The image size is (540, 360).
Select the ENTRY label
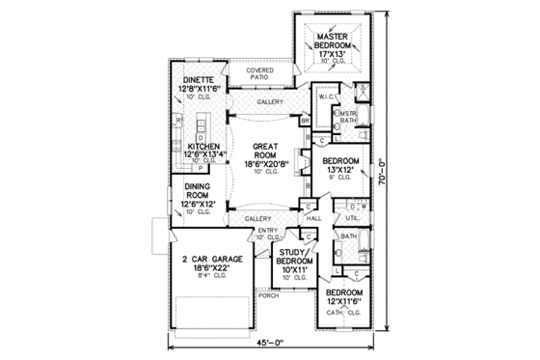pyautogui.click(x=267, y=230)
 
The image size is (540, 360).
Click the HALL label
pyautogui.click(x=314, y=219)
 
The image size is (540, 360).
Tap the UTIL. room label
pyautogui.click(x=353, y=219)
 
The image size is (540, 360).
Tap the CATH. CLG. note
pyautogui.click(x=343, y=311)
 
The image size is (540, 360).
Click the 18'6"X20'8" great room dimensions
pyautogui.click(x=265, y=164)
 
